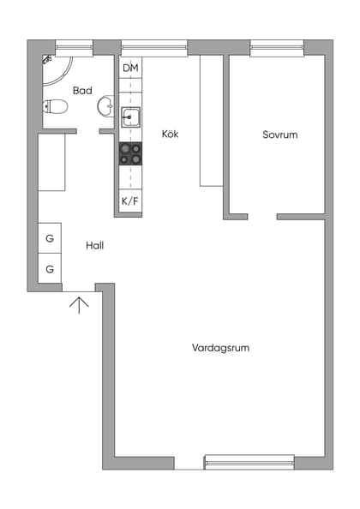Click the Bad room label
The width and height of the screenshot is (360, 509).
[x=82, y=90]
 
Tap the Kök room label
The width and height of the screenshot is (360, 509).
[x=170, y=134]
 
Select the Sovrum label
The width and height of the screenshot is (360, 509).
[x=279, y=135]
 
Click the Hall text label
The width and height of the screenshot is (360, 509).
[x=94, y=245]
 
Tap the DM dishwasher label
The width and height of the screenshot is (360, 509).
[x=130, y=68]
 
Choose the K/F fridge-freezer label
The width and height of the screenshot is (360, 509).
[x=129, y=201]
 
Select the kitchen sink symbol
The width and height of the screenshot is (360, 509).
[x=130, y=117]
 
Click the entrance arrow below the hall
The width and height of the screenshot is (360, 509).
[x=79, y=303]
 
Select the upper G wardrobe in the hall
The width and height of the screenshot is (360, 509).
[x=50, y=238]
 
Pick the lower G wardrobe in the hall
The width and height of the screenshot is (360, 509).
[x=50, y=268]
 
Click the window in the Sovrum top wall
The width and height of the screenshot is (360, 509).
[x=277, y=48]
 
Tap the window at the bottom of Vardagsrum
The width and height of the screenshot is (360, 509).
[x=249, y=462]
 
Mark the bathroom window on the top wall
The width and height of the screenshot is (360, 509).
[x=74, y=48]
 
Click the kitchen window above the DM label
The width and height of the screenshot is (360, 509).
[x=153, y=48]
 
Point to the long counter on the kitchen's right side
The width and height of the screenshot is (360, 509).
[x=211, y=120]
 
